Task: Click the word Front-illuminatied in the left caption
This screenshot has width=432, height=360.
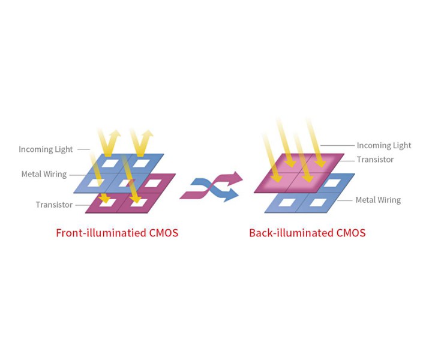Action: pyautogui.click(x=95, y=233)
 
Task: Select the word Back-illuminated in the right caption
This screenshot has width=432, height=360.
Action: pyautogui.click(x=286, y=233)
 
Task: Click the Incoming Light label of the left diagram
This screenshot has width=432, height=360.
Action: pyautogui.click(x=46, y=149)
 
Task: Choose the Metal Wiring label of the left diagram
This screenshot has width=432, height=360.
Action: pyautogui.click(x=44, y=175)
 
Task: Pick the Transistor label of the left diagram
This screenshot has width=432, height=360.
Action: pyautogui.click(x=54, y=205)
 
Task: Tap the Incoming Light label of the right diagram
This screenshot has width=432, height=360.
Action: pyautogui.click(x=384, y=145)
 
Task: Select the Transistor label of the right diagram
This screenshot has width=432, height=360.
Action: pyautogui.click(x=375, y=160)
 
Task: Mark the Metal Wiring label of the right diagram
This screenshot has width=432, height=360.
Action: pyautogui.click(x=378, y=200)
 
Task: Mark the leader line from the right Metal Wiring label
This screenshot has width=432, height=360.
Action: pyautogui.click(x=345, y=200)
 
